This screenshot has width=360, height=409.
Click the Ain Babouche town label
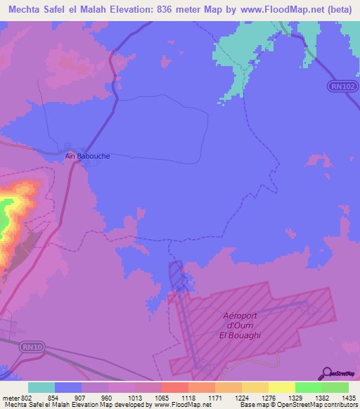coord(87,156)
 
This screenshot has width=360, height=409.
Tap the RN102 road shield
coord(340,86)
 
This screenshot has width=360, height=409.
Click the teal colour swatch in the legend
coord(41,387)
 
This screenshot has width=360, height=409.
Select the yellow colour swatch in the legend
coord(282,387)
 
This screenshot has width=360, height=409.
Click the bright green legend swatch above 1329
coord(309,387)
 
